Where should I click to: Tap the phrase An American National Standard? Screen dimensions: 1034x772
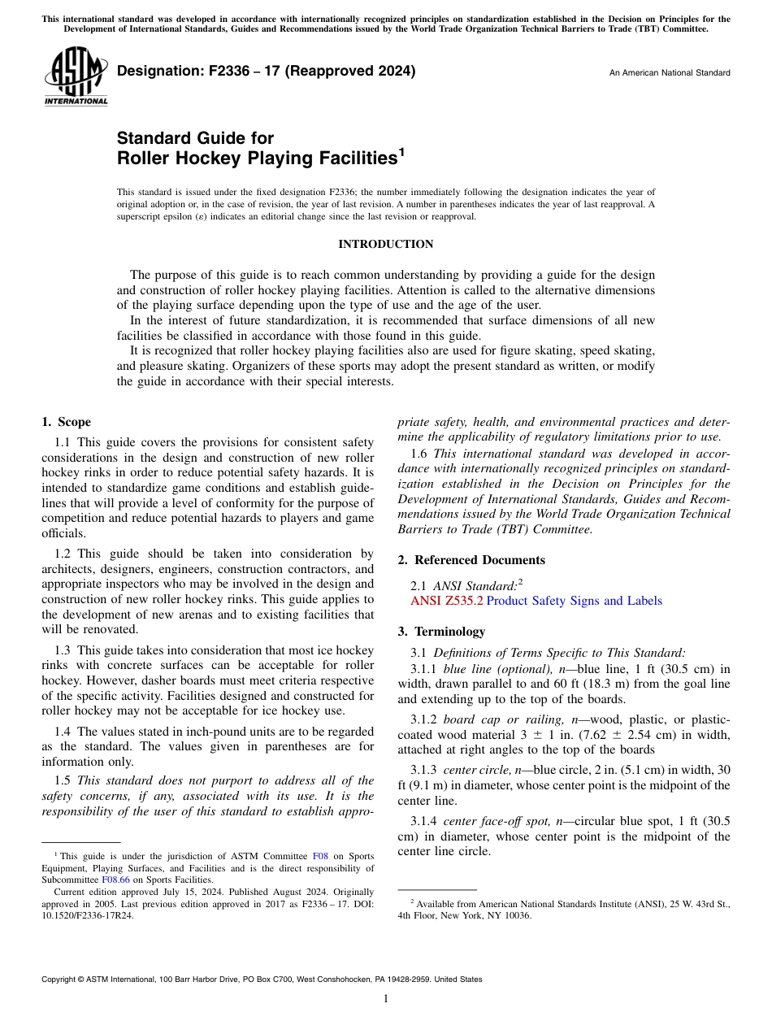pyautogui.click(x=670, y=73)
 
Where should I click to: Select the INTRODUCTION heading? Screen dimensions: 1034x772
pyautogui.click(x=385, y=244)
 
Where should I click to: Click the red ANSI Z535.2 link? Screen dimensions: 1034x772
pyautogui.click(x=447, y=601)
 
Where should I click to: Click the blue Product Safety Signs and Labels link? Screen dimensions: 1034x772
pyautogui.click(x=574, y=601)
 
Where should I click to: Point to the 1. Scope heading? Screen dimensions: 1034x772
pyautogui.click(x=66, y=422)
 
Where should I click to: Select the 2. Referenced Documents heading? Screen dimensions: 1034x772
pyautogui.click(x=471, y=560)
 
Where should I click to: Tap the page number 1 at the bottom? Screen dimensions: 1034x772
pyautogui.click(x=386, y=998)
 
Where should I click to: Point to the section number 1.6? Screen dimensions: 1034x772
pyautogui.click(x=419, y=454)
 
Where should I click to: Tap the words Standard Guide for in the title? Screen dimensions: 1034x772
pyautogui.click(x=195, y=138)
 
